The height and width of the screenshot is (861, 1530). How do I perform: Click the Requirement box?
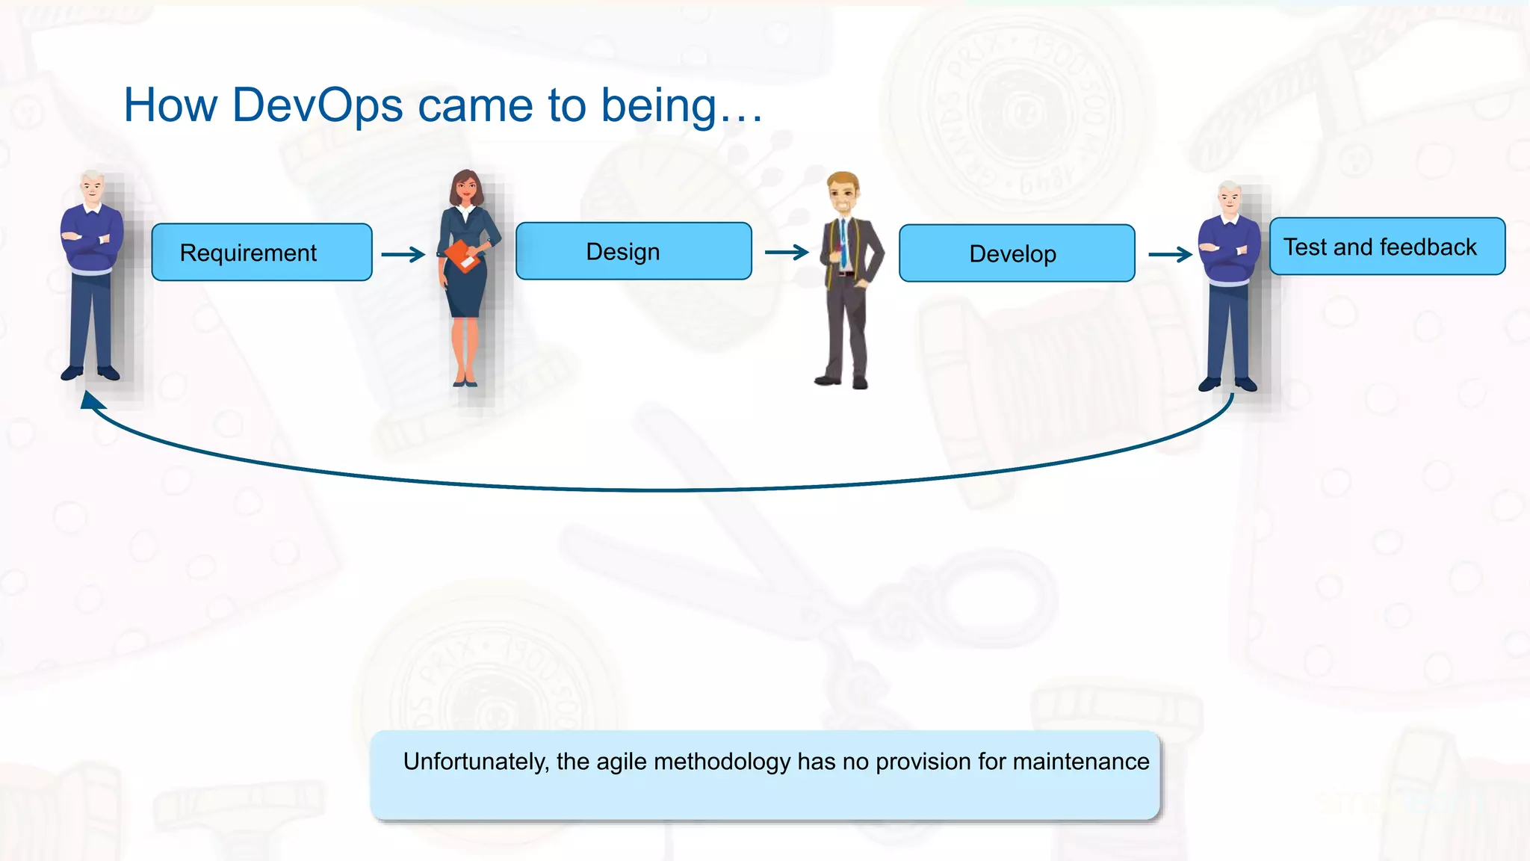(x=261, y=253)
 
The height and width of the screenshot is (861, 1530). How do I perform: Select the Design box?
(x=634, y=251)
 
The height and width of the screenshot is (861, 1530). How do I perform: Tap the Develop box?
(x=1016, y=253)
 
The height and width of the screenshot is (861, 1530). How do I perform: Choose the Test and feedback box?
(x=1387, y=247)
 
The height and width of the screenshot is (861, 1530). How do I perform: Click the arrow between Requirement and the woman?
(x=403, y=255)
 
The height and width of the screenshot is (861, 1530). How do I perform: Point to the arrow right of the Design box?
(x=787, y=253)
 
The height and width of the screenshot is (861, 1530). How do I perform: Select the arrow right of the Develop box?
(x=1170, y=255)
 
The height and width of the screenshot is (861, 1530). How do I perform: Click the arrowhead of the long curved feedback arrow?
(x=90, y=401)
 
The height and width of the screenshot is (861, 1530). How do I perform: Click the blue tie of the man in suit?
(x=843, y=246)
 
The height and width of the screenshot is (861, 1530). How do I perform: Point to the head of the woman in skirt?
(x=465, y=187)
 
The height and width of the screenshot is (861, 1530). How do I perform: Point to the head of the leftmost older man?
(x=93, y=187)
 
